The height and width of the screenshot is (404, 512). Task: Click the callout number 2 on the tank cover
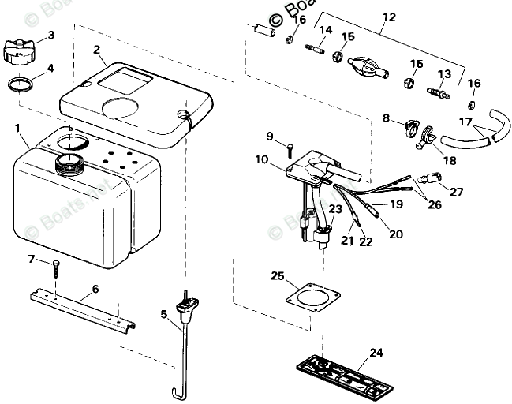tap(96, 50)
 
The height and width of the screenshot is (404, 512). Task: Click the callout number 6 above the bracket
tap(95, 289)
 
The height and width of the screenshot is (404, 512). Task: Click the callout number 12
tap(388, 17)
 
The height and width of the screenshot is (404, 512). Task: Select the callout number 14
tap(326, 30)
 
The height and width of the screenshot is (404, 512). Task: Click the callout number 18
tap(450, 160)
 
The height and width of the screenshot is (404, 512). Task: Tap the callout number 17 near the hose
tap(465, 122)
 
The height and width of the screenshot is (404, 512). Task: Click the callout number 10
tap(263, 159)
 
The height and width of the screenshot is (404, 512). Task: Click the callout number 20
tap(394, 234)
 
